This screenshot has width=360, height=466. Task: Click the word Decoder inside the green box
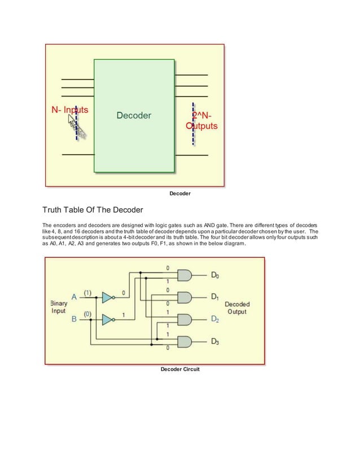[x=134, y=115]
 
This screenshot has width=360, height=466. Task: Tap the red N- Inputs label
[x=67, y=109]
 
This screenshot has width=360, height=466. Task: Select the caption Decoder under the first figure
[x=180, y=194]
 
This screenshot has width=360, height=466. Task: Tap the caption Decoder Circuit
[x=180, y=369]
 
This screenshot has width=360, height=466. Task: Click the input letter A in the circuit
[x=74, y=297]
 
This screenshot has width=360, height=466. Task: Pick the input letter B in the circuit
[x=74, y=319]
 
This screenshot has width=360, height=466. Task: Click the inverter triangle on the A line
[x=107, y=297]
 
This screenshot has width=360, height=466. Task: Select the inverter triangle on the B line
[x=107, y=320]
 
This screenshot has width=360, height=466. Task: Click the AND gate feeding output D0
[x=185, y=275]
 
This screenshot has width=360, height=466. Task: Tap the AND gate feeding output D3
[x=185, y=341]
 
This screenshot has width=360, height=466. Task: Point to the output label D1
[x=214, y=296]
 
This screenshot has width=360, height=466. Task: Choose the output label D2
[x=214, y=319]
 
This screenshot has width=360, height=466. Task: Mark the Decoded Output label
[x=237, y=308]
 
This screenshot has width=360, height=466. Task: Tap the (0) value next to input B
[x=89, y=314]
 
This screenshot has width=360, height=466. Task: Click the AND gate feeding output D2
[x=185, y=319]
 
